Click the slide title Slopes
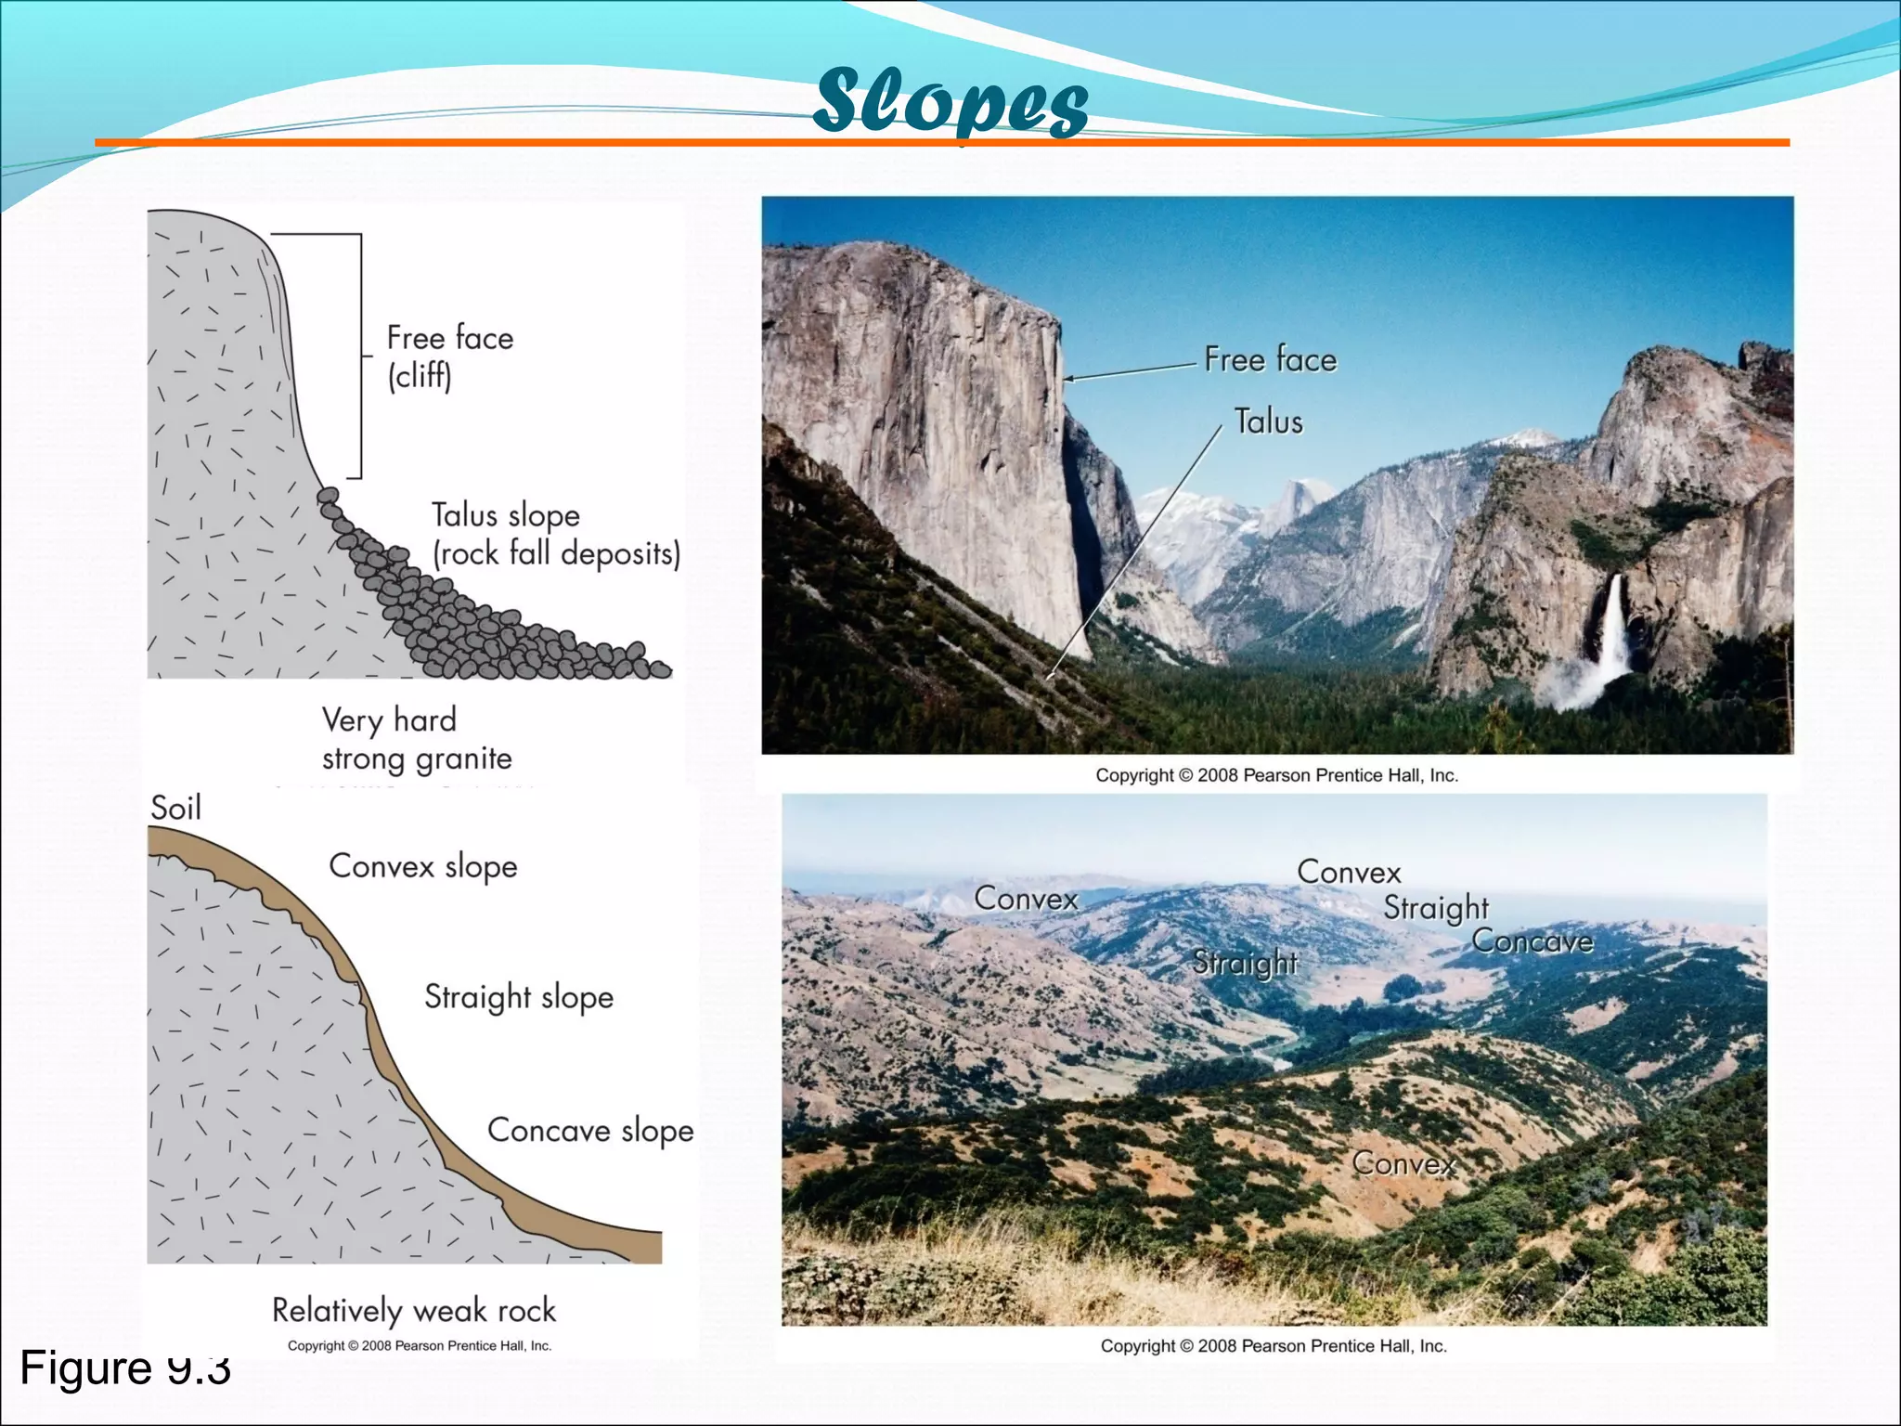coord(950,102)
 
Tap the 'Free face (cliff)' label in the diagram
coord(449,356)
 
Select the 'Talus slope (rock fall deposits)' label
coord(555,534)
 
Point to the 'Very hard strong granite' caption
coord(416,739)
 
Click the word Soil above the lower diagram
coord(175,808)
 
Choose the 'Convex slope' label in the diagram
coord(422,866)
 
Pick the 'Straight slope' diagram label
coord(519,997)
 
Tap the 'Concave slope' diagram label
coord(590,1131)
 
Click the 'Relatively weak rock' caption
coord(414,1310)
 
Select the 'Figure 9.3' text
coord(124,1368)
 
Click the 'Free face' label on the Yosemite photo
coord(1270,359)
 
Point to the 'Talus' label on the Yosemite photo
coord(1268,421)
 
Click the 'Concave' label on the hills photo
coord(1532,941)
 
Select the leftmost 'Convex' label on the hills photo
coord(1026,898)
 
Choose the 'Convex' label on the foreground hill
coord(1403,1162)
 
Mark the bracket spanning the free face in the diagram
coord(359,356)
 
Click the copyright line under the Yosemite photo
coord(1276,775)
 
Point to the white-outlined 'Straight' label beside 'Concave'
coord(1436,907)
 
